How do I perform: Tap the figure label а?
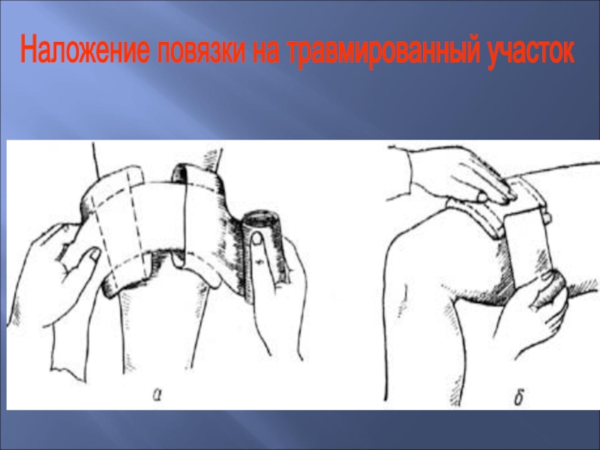tap(157, 394)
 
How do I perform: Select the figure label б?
tap(518, 397)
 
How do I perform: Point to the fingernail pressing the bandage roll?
tap(257, 239)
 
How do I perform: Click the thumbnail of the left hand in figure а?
tap(94, 254)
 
